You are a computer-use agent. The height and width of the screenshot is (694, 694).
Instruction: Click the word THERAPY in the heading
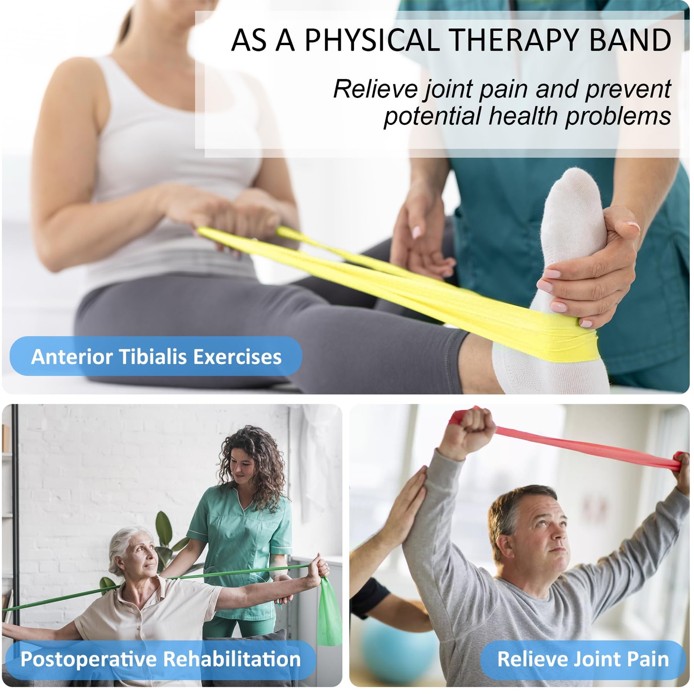[x=512, y=40]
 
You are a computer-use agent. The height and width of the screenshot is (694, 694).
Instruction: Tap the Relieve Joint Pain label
[x=583, y=659]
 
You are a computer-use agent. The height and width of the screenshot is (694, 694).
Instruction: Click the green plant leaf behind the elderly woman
[x=165, y=527]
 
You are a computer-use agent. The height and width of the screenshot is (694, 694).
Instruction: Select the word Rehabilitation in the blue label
[x=232, y=659]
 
